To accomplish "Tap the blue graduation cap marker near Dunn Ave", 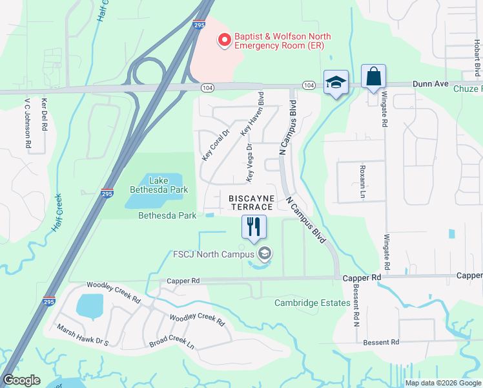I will [336, 83].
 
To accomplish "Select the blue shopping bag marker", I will [373, 77].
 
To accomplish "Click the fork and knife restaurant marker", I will [253, 227].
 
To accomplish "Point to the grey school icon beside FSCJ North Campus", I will [263, 253].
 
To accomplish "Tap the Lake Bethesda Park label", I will [159, 185].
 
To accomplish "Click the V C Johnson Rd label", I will [28, 126].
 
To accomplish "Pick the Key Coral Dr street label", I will [216, 145].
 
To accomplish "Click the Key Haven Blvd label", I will [253, 116].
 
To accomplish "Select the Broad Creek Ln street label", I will [172, 344].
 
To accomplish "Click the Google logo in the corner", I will [22, 380].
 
